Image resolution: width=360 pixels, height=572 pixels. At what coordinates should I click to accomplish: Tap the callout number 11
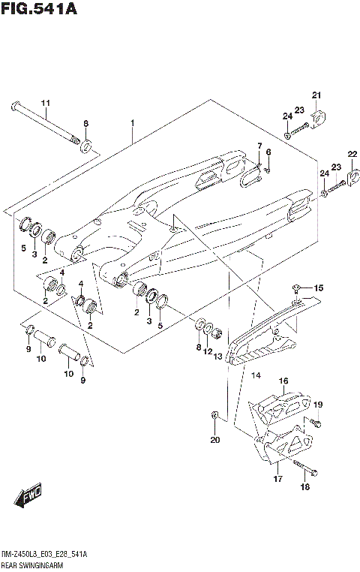point(44,103)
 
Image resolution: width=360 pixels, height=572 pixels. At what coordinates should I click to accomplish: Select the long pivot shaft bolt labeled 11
point(45,122)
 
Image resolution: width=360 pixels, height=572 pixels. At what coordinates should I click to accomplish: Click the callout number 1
point(131,122)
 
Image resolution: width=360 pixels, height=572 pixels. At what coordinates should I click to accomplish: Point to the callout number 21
point(316,95)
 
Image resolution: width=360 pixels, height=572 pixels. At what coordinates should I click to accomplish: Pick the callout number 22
point(352,155)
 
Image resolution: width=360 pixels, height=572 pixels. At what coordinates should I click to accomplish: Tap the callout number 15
point(318,288)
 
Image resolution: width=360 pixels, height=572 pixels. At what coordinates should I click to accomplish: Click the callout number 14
point(255,375)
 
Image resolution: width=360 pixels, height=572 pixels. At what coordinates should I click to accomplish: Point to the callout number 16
point(284,381)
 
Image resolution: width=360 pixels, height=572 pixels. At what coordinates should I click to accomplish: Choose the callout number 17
point(277,478)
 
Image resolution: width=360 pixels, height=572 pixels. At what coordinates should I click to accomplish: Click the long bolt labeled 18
point(304,470)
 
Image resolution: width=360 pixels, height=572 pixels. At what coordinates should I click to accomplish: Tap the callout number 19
point(318,405)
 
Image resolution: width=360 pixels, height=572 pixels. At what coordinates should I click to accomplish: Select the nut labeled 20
point(215,414)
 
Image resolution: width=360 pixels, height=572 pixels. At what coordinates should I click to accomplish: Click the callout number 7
point(259,146)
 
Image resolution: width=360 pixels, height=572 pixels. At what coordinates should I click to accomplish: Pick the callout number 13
point(219,357)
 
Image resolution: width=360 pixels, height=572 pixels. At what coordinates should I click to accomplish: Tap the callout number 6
point(268,153)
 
